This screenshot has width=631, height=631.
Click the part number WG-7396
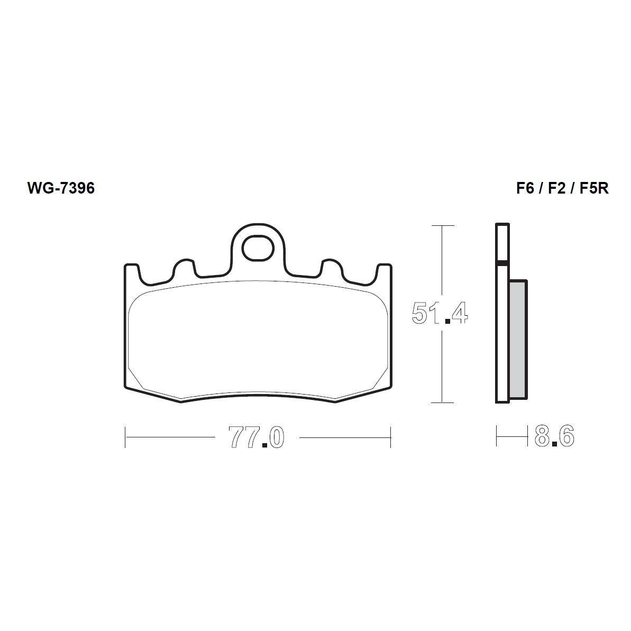tap(61, 188)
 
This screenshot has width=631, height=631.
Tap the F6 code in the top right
tap(525, 188)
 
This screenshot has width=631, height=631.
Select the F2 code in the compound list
tap(556, 188)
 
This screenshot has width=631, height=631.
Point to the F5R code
tap(594, 188)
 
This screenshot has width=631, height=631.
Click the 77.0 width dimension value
tap(257, 437)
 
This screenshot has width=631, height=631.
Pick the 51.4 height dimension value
tap(440, 313)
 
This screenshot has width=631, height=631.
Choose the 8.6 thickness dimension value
tap(554, 435)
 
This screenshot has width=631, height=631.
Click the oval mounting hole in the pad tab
tap(258, 248)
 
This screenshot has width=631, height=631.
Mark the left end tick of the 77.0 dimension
tap(125, 437)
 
